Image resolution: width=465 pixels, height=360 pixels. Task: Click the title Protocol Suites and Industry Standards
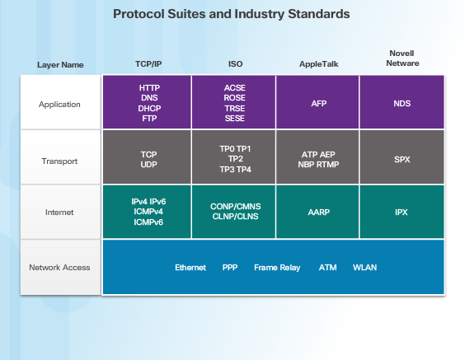point(231,14)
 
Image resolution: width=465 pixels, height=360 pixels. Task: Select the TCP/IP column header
point(148,63)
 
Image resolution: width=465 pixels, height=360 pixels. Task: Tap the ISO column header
point(235,63)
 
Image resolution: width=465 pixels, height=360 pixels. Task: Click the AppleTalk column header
point(318,63)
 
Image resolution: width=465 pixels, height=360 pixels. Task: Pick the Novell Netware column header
point(402,58)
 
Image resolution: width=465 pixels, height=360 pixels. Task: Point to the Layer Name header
point(60,64)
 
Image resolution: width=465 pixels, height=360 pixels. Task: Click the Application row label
point(60,105)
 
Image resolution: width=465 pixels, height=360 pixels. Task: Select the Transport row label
point(60,161)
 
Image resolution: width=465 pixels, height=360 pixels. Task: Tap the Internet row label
point(60,212)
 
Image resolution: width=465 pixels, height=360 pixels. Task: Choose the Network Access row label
point(60,268)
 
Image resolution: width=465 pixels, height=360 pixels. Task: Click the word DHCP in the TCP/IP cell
point(149,108)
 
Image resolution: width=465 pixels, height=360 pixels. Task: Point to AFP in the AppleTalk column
point(319,103)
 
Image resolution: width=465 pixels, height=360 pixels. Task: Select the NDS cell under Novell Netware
point(402,103)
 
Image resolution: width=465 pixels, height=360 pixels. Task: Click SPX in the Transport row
point(402,159)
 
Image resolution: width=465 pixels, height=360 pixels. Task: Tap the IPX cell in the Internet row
point(402,212)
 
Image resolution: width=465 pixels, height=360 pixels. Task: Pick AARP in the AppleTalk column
point(318,212)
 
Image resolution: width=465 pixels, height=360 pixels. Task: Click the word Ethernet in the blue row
point(190,268)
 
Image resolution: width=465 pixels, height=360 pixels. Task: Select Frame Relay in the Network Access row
point(277,268)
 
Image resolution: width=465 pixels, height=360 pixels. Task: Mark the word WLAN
point(364,268)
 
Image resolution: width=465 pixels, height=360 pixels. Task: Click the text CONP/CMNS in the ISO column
point(234,207)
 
